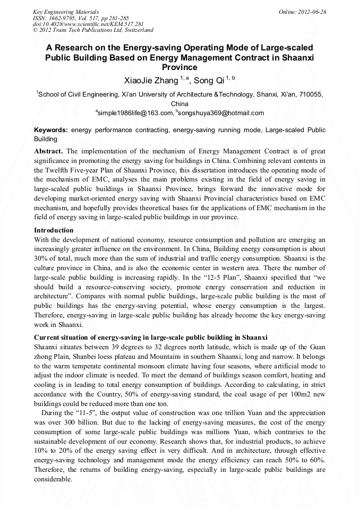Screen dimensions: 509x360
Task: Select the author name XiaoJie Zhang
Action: [x=151, y=81]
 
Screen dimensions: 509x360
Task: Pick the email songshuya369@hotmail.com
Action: [x=221, y=113]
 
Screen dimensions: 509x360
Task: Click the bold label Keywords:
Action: [x=51, y=130]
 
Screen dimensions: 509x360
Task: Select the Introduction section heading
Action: [x=54, y=230]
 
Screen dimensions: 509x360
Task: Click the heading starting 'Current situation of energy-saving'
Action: [x=150, y=338]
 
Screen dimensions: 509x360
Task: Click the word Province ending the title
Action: [x=179, y=67]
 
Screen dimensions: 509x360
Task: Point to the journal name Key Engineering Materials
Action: [x=65, y=12]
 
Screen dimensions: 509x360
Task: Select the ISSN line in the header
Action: [x=80, y=18]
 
